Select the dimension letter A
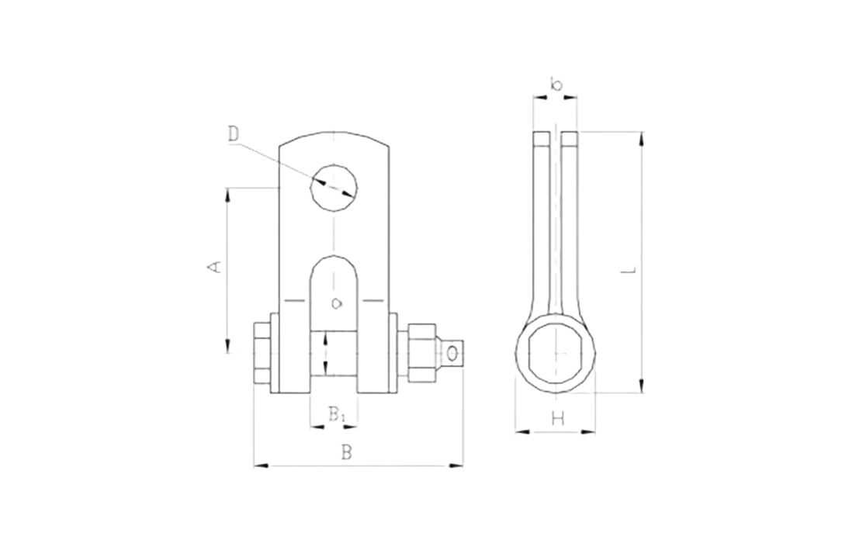point(214,268)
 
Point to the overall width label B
point(348,451)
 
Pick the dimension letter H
point(556,420)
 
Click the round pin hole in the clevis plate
point(334,186)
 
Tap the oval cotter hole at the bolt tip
point(452,355)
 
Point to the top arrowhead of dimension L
point(640,139)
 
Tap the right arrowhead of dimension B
point(456,465)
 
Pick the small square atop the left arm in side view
point(540,139)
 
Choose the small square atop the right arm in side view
point(568,139)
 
